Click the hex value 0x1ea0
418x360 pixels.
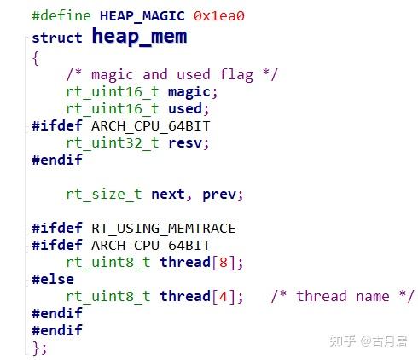[x=219, y=16]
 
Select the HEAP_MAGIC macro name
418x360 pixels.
[x=142, y=16]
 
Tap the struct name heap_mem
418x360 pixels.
[x=139, y=37]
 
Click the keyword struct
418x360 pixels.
[x=57, y=38]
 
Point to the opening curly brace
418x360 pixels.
[x=36, y=58]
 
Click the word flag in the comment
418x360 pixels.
[x=236, y=75]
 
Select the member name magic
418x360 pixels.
[x=189, y=92]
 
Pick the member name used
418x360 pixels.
[x=185, y=108]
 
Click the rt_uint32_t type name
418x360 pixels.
[x=113, y=143]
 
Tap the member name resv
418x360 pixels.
[x=185, y=143]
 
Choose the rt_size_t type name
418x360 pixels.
[x=104, y=195]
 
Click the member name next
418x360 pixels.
[x=168, y=195]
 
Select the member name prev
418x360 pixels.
[x=219, y=195]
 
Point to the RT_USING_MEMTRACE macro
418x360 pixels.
[x=164, y=229]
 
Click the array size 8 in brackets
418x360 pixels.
[x=224, y=263]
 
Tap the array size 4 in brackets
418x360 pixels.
[x=224, y=297]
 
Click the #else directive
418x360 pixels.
[x=53, y=279]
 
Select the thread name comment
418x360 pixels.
[x=342, y=297]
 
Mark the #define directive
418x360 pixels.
[x=61, y=16]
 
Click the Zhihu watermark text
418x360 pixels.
[x=369, y=341]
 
